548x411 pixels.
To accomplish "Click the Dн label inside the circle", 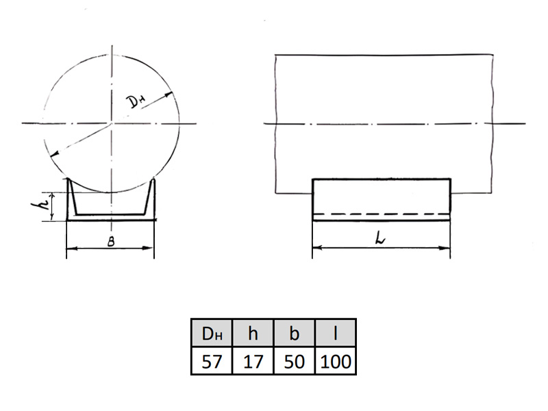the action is (x=136, y=101).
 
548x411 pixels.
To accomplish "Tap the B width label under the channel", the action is (x=111, y=242).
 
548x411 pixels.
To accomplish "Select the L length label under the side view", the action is (x=380, y=239).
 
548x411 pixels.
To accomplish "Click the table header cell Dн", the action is (x=212, y=333).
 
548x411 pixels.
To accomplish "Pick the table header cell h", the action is (x=253, y=333).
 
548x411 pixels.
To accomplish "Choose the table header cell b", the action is (x=295, y=333).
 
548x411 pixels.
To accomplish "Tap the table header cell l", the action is (x=335, y=333).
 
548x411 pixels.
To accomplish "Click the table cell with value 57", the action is (x=212, y=361).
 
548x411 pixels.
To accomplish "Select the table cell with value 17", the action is (x=253, y=361).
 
